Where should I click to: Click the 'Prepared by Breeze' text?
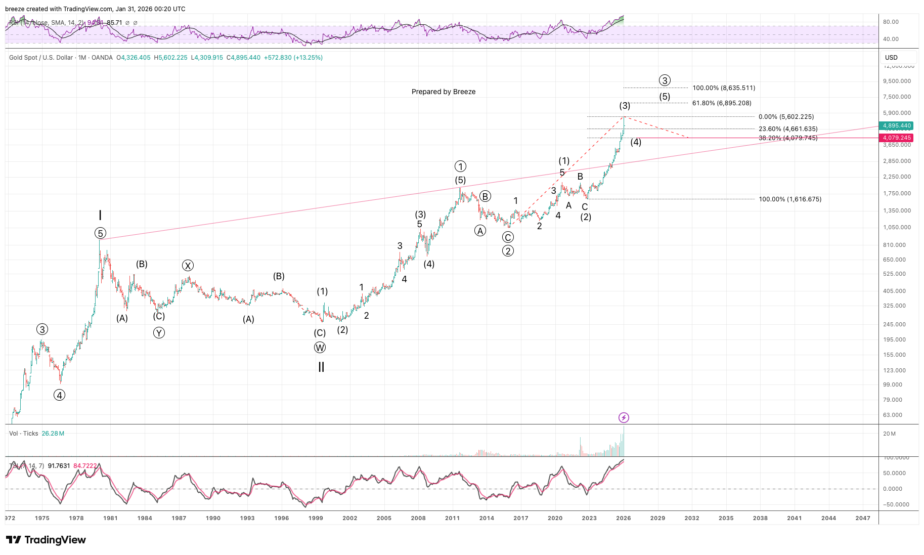[x=443, y=92]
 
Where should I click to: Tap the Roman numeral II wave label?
[x=321, y=367]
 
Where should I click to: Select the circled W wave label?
[x=320, y=348]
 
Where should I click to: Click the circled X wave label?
[x=188, y=266]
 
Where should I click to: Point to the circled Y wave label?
[x=159, y=333]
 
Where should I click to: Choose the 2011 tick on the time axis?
[x=452, y=518]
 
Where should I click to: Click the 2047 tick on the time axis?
[x=862, y=518]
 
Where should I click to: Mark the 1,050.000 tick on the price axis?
[x=897, y=227]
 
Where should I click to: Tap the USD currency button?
[x=891, y=58]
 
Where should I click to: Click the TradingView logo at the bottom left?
[x=46, y=540]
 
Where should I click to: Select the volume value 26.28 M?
[x=53, y=434]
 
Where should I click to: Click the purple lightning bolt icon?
[x=624, y=417]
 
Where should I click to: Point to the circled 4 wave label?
[x=60, y=395]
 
